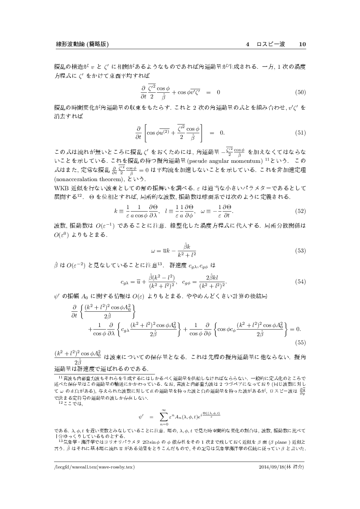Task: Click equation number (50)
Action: pyautogui.click(x=300, y=92)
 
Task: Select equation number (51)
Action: pyautogui.click(x=300, y=132)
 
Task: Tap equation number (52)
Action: pyautogui.click(x=300, y=211)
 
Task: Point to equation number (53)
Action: pyautogui.click(x=300, y=251)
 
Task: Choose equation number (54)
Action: pyautogui.click(x=300, y=281)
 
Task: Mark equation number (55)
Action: pyautogui.click(x=300, y=342)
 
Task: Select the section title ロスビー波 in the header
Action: pyautogui.click(x=271, y=44)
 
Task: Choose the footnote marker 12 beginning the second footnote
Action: pyautogui.click(x=60, y=404)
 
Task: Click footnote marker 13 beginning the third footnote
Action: pyautogui.click(x=60, y=440)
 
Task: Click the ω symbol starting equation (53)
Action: pyautogui.click(x=153, y=251)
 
